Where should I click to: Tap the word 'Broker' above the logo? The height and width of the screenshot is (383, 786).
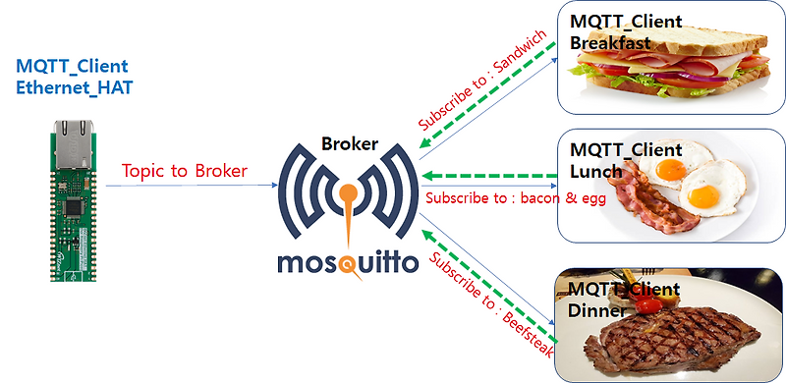[351, 143]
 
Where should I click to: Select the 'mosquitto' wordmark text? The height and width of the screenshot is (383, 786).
[349, 262]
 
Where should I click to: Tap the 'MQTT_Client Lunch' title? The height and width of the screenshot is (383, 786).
[612, 161]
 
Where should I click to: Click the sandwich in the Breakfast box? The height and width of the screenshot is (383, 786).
[678, 64]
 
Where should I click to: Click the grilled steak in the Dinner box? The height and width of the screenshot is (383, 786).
[678, 339]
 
